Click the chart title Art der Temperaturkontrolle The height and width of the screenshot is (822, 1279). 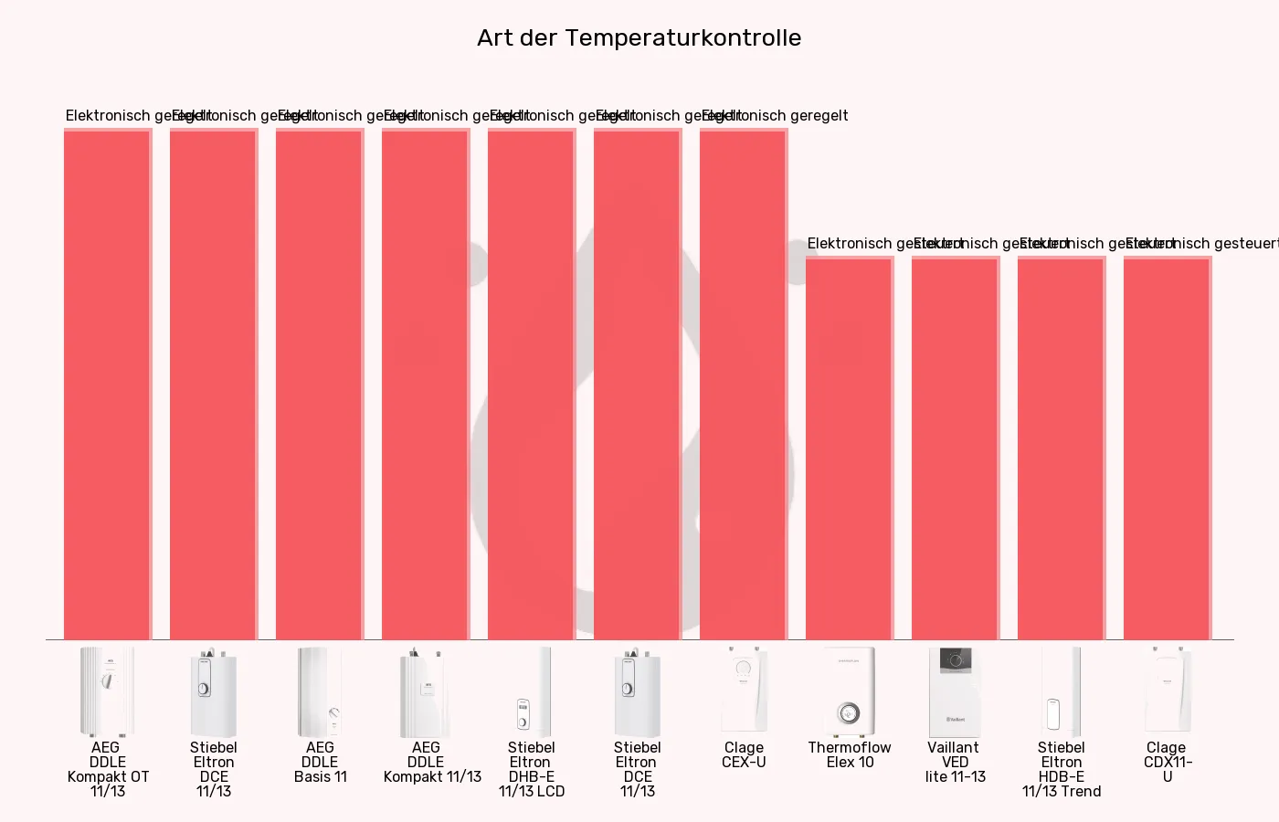tap(639, 38)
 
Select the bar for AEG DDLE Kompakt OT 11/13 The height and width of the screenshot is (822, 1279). tap(107, 384)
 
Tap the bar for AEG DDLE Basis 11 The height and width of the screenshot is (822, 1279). tap(319, 384)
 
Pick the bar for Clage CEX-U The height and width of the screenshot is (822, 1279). tap(743, 384)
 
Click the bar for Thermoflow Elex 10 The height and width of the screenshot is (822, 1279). tap(849, 448)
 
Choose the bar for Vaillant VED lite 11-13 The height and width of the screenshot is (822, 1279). tap(955, 448)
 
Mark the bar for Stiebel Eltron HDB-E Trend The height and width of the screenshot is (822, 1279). tap(1061, 448)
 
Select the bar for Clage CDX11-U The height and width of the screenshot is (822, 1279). tap(1167, 448)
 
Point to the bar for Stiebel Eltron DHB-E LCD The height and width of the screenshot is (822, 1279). tap(531, 384)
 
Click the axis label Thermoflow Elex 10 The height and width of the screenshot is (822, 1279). tap(850, 754)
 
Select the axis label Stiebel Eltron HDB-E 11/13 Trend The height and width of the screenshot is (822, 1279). tap(1062, 769)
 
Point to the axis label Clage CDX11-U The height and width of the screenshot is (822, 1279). tap(1168, 762)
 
